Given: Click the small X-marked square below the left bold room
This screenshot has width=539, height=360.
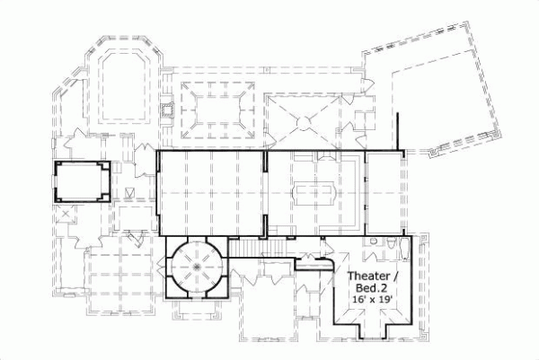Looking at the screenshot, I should click(65, 215).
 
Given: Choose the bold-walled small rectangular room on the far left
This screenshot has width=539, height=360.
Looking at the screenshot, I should click(82, 181).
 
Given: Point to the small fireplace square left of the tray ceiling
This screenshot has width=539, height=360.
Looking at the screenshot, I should click(165, 111).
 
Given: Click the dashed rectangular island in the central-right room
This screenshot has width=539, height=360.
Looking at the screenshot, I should click(314, 191).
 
